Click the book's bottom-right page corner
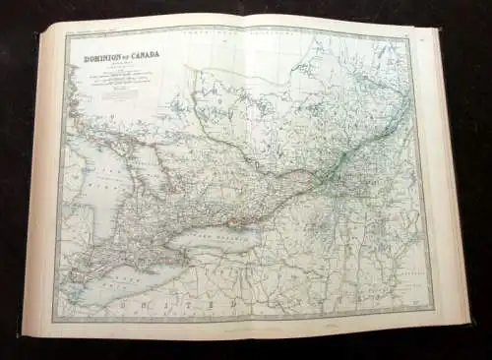[466, 322]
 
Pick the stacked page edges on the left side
[32, 177]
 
